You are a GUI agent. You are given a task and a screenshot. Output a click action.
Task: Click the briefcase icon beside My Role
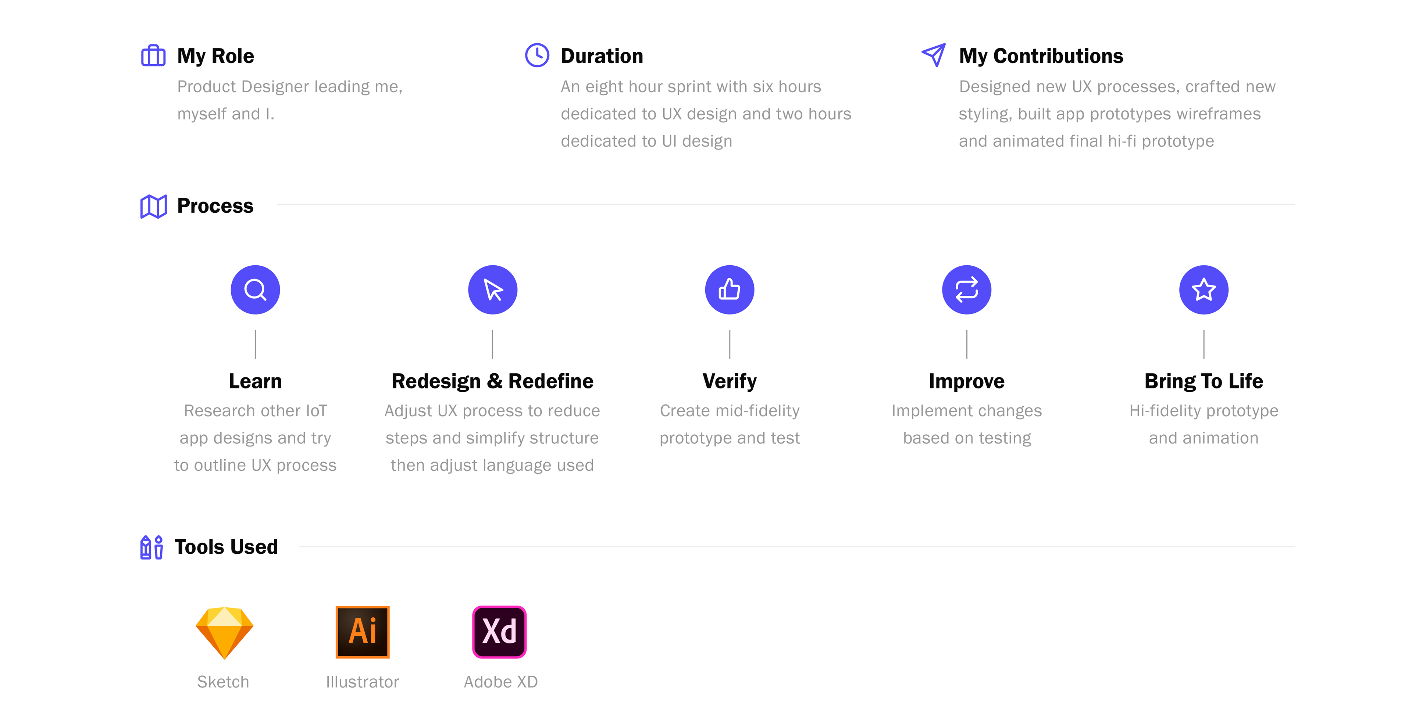(153, 56)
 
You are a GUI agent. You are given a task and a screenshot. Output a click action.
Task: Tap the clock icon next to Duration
(537, 55)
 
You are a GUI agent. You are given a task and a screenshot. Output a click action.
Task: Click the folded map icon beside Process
(153, 207)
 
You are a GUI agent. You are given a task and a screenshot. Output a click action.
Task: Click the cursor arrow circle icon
(493, 290)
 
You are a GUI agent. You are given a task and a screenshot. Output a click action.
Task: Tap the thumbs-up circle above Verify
(730, 290)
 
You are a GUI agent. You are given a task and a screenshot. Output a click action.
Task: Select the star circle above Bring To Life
(1204, 290)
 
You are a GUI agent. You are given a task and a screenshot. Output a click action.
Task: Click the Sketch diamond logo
(224, 632)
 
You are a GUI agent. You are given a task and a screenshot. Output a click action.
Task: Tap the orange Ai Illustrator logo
(362, 632)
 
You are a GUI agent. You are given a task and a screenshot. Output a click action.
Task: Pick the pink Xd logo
(499, 632)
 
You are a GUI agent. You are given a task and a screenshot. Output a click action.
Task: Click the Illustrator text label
(362, 682)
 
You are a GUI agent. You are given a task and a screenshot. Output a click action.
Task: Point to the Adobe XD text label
(500, 682)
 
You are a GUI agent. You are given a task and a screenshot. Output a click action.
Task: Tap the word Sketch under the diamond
(223, 682)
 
